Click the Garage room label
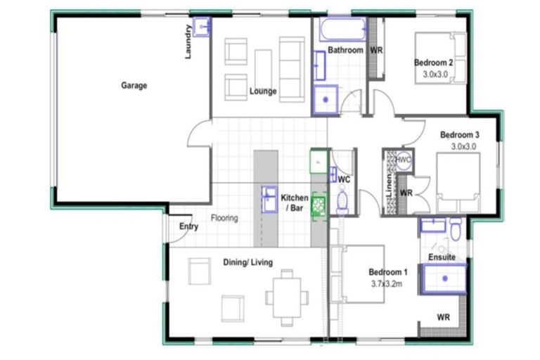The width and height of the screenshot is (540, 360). coord(134,86)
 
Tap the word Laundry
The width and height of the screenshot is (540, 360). coord(188,42)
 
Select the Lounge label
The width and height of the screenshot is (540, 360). coord(262,91)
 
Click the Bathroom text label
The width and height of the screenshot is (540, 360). coord(345,51)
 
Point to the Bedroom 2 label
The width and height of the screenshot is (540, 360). coord(433,62)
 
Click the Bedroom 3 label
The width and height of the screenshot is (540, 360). coord(460,135)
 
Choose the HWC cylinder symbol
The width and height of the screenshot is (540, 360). coord(403,160)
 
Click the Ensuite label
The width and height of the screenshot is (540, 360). coord(442,257)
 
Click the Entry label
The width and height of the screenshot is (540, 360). coord(188,226)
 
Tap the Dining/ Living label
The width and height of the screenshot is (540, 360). coord(247,262)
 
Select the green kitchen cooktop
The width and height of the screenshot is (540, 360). coord(319,205)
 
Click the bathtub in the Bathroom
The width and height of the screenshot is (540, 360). coord(340,30)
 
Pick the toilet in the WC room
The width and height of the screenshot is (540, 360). coord(342,202)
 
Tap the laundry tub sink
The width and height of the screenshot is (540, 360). coord(202,27)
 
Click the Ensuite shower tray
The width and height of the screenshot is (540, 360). coord(444,278)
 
